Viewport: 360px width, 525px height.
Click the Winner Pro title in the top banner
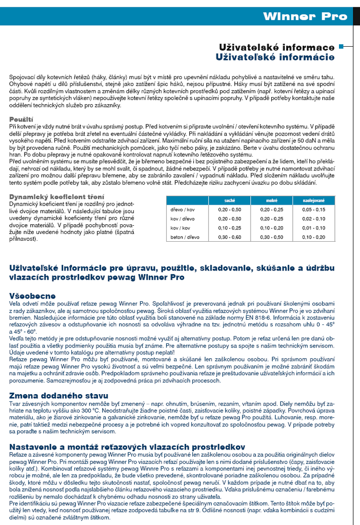[x=305, y=16]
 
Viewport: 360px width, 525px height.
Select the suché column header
[x=230, y=200]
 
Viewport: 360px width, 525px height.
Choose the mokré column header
[x=271, y=200]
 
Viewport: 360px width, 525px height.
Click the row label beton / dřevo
[x=185, y=237]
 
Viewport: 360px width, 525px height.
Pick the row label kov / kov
[x=181, y=227]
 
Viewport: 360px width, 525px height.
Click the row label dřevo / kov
[x=183, y=209]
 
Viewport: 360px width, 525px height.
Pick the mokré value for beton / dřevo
[x=271, y=237]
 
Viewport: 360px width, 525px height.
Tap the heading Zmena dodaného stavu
[x=59, y=395]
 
